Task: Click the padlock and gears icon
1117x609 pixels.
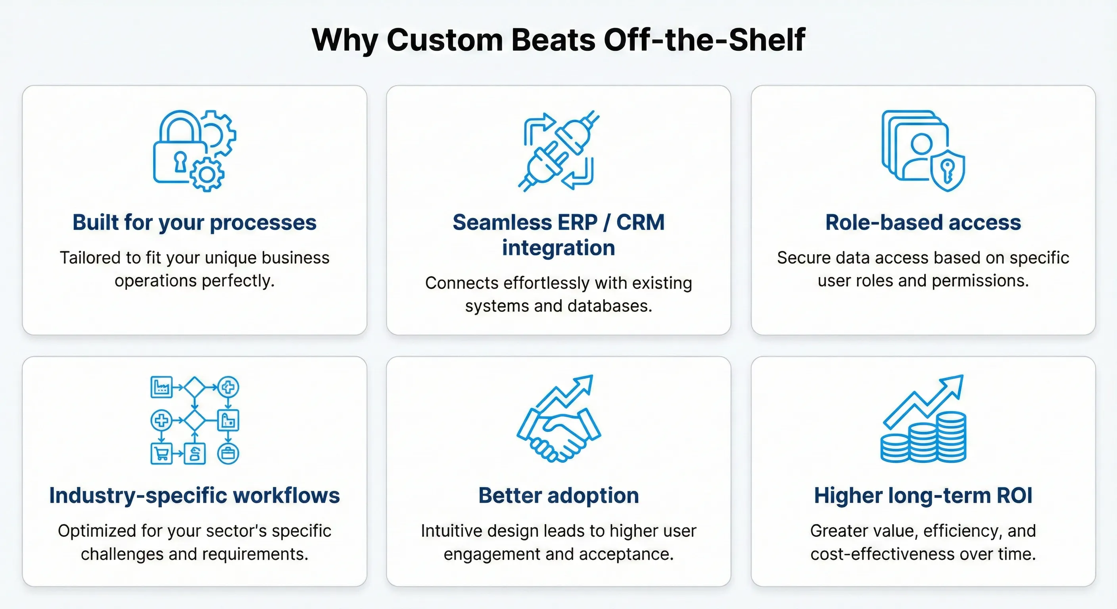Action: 194,150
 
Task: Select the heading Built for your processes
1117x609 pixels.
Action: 194,222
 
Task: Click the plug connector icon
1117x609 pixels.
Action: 558,150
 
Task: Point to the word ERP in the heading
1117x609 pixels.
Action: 578,222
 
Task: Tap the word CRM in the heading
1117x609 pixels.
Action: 641,222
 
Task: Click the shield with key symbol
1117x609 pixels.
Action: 948,170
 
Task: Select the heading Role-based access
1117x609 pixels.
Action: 923,222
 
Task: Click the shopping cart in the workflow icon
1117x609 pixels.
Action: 161,454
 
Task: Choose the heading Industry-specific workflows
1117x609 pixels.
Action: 194,496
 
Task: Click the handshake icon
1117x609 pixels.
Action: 558,433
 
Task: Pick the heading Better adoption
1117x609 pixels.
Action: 558,496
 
